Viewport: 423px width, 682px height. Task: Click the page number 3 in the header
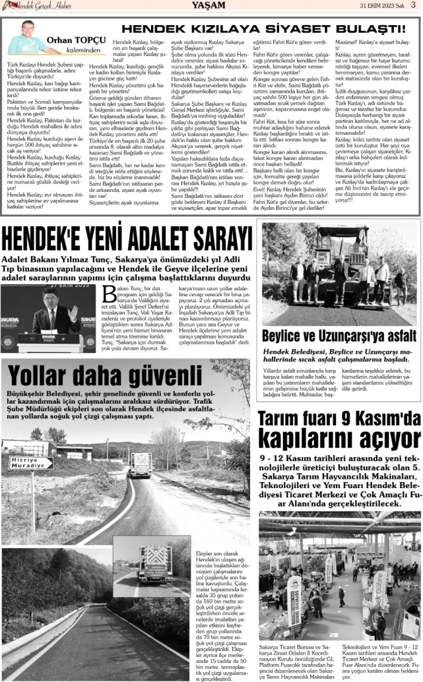(x=412, y=5)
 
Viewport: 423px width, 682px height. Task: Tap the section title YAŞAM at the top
(x=211, y=5)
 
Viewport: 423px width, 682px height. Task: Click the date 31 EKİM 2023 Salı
(x=381, y=5)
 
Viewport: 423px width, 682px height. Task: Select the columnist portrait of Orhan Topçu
(x=24, y=38)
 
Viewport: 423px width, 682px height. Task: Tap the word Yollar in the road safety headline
(x=52, y=376)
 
